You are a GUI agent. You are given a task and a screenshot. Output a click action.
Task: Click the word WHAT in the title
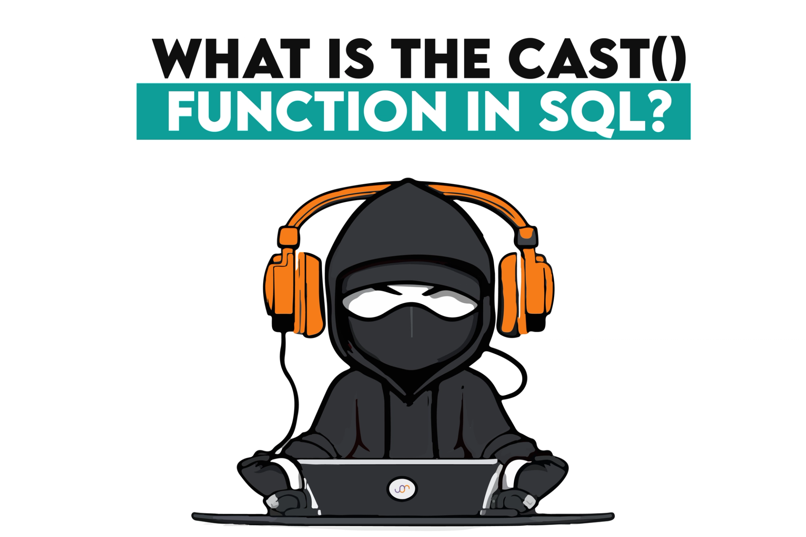pyautogui.click(x=231, y=59)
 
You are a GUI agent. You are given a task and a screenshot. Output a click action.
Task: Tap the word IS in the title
pyautogui.click(x=346, y=59)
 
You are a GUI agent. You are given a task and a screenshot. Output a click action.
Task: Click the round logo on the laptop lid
pyautogui.click(x=402, y=489)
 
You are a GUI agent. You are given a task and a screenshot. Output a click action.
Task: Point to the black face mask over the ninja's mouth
pyautogui.click(x=411, y=336)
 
